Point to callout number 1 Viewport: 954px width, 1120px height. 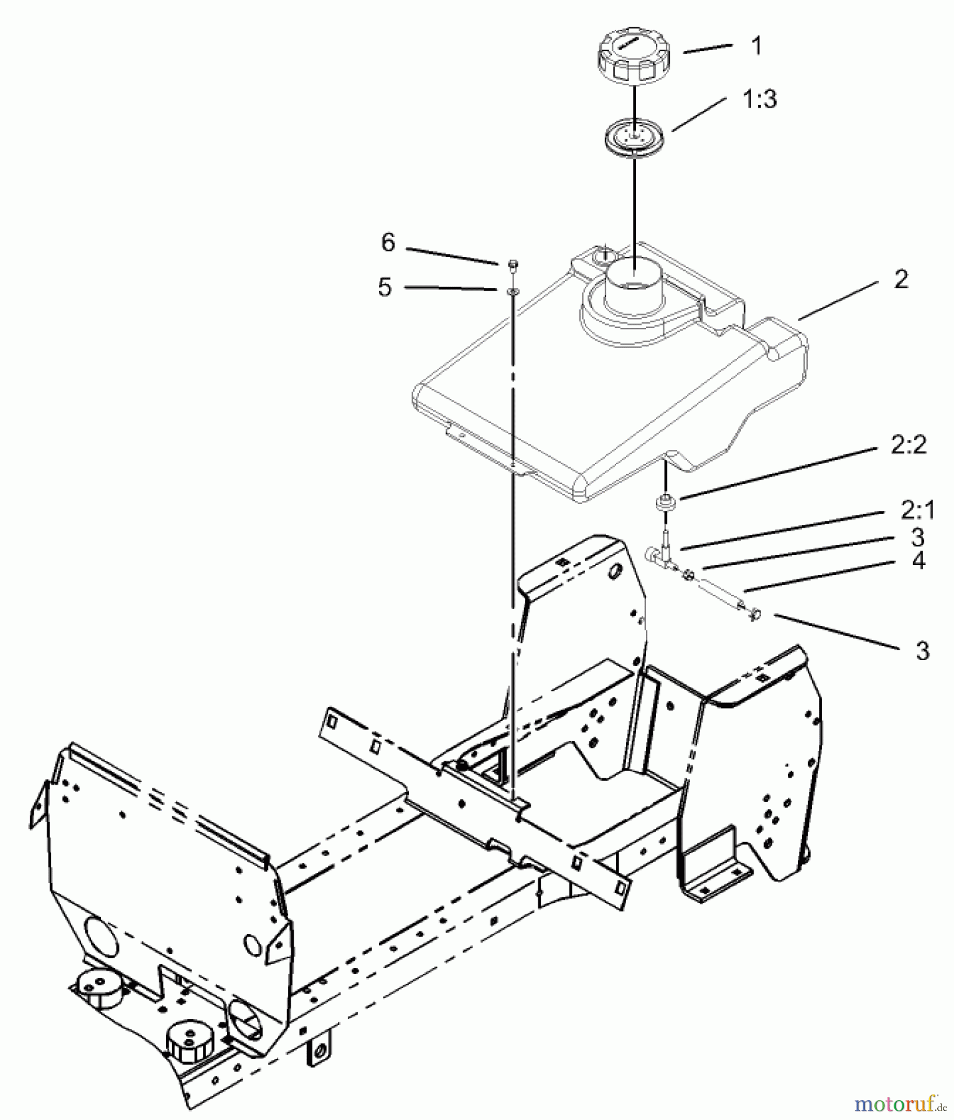[757, 45]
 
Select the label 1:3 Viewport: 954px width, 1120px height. [759, 99]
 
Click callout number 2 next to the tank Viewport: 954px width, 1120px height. [901, 279]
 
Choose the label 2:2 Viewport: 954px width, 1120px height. [909, 445]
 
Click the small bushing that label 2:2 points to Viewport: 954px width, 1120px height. [666, 502]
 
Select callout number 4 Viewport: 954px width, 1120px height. [919, 561]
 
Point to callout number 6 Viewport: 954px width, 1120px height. [388, 243]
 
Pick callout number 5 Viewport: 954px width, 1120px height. [385, 287]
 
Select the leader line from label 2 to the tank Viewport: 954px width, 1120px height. [838, 301]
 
